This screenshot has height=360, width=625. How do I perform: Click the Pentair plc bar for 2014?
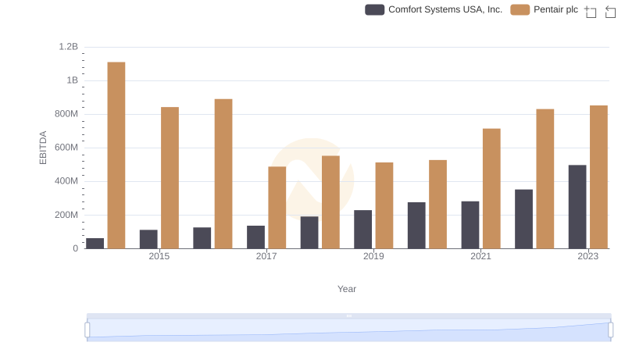click(116, 155)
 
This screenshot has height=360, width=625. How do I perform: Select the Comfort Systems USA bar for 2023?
click(577, 207)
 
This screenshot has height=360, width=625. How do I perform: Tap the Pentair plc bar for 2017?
click(277, 208)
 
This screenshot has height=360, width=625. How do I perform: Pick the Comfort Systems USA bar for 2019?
click(362, 230)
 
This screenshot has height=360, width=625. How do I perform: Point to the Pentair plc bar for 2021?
click(491, 189)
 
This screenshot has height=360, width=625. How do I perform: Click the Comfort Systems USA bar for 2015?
click(148, 239)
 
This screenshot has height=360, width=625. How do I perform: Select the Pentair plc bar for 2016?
click(223, 174)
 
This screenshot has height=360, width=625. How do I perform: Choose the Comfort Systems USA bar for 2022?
click(523, 219)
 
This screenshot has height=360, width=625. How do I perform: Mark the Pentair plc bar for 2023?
click(598, 177)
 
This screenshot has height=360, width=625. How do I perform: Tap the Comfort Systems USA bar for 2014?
click(95, 244)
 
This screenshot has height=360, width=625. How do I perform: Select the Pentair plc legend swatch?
click(520, 9)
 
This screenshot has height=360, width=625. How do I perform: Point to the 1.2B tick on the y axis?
click(69, 47)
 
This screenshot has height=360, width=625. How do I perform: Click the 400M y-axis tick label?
click(66, 181)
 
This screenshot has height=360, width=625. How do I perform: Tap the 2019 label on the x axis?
click(373, 256)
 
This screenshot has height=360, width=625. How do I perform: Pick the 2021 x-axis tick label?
click(480, 256)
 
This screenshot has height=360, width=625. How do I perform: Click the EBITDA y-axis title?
click(43, 148)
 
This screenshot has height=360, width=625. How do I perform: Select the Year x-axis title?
click(347, 289)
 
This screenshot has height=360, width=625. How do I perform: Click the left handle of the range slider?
click(87, 330)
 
